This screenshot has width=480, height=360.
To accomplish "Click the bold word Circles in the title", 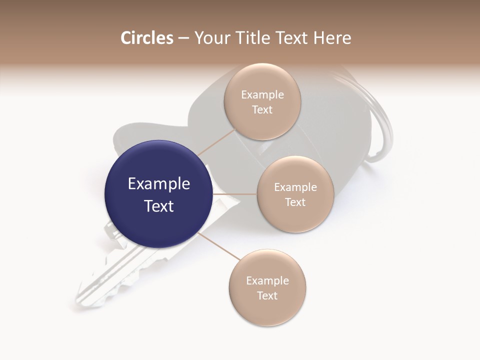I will pyautogui.click(x=147, y=38).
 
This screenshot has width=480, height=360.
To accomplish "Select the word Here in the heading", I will pyautogui.click(x=332, y=38).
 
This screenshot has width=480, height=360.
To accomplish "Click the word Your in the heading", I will pyautogui.click(x=212, y=38).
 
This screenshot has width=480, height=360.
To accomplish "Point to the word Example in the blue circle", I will pyautogui.click(x=159, y=184).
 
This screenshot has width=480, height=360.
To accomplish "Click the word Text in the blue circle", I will pyautogui.click(x=159, y=206).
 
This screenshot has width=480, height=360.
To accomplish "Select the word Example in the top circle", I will pyautogui.click(x=262, y=95).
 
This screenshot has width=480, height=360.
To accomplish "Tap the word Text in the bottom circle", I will pyautogui.click(x=267, y=295).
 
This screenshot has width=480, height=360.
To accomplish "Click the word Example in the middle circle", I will pyautogui.click(x=295, y=187).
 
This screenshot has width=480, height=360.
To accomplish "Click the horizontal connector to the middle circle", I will pyautogui.click(x=234, y=194).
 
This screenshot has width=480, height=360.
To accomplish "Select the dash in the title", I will pyautogui.click(x=183, y=38).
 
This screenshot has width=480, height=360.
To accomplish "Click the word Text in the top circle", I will pyautogui.click(x=262, y=110).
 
